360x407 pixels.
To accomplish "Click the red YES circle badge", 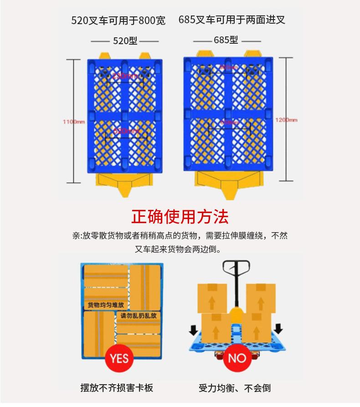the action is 119,358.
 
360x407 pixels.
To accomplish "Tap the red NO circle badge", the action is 237,358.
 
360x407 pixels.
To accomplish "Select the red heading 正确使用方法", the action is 180,217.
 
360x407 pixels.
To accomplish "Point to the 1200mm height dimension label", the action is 286,120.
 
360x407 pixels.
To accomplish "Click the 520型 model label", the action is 125,41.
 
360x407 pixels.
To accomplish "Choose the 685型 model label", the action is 226,40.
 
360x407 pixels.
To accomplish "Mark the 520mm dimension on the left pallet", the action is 126,131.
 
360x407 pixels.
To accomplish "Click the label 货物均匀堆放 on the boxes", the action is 106,305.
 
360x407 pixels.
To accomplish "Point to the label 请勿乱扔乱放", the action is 139,315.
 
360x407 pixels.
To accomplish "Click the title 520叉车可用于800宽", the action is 118,20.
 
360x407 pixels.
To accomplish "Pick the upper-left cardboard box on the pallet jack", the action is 212,298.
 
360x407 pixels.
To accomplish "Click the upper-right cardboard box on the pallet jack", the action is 260,298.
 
